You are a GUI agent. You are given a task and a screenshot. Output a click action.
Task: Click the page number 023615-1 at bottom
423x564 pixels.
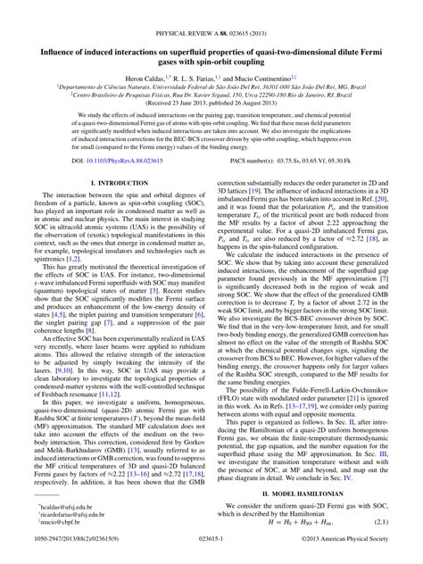pos(211,554)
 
